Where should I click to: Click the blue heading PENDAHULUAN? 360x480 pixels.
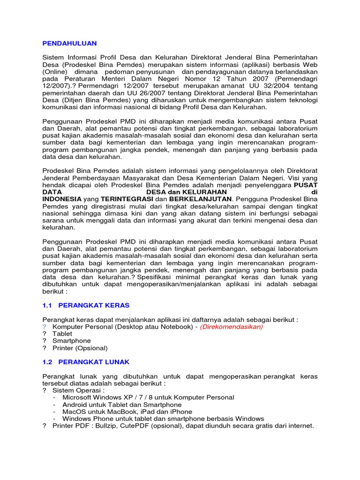[69, 43]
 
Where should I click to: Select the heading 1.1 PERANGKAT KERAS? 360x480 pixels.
[86, 305]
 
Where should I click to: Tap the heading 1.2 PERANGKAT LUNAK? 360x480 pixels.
[86, 362]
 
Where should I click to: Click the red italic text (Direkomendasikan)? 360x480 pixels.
[232, 327]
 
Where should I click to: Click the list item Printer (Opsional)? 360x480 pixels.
[80, 348]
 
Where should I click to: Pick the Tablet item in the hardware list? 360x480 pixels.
[62, 334]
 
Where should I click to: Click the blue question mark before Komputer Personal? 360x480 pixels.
[45, 327]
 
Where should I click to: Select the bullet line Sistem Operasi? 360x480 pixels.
[78, 390]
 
